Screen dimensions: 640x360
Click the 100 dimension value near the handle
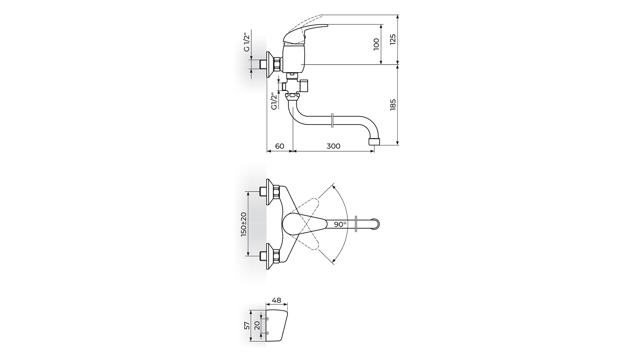click(377, 44)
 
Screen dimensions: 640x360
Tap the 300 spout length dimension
click(333, 146)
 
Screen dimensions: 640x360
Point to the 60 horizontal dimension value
click(280, 146)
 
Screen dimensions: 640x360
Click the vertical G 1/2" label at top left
click(246, 42)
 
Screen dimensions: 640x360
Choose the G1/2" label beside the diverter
click(274, 101)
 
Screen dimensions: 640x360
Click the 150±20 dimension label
click(244, 224)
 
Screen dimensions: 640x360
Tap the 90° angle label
click(340, 224)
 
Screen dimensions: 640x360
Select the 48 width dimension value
click(276, 300)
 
